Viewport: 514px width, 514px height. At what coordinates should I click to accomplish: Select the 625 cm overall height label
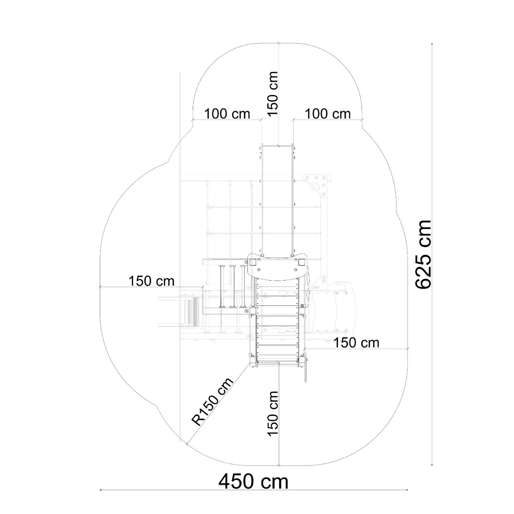point(423,255)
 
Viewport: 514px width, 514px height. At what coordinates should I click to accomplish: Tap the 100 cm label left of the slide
point(227,114)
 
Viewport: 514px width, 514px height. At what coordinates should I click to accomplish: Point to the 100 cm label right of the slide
point(328,114)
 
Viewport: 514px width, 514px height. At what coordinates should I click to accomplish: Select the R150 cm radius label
point(212,402)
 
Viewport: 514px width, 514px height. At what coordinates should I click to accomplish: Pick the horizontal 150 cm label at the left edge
point(152,281)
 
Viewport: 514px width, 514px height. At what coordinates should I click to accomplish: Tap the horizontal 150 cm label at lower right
point(356,343)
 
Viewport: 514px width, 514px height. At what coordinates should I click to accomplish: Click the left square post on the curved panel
point(253,263)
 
